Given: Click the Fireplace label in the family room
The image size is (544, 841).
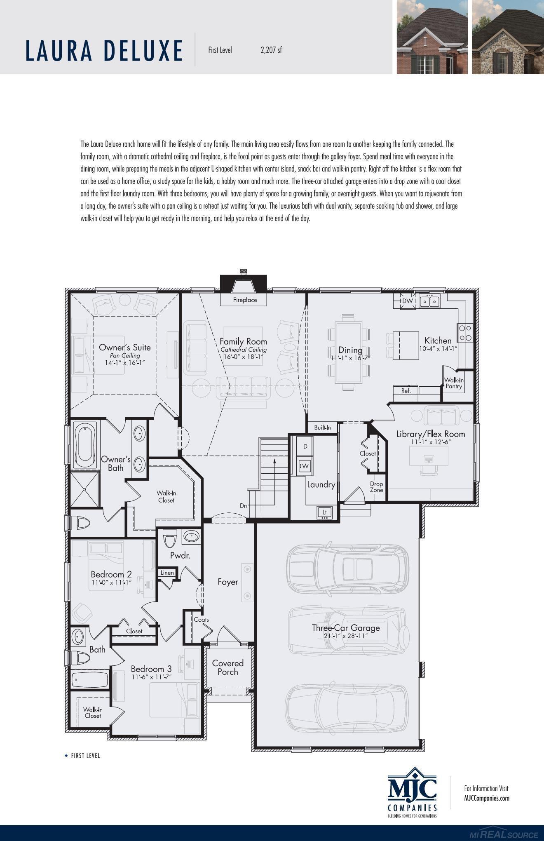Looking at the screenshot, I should click(245, 300).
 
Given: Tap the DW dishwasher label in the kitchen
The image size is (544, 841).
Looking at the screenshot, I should click(407, 301).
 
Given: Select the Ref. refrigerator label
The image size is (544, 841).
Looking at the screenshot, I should click(406, 390).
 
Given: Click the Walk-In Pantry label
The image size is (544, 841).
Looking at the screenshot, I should click(454, 383).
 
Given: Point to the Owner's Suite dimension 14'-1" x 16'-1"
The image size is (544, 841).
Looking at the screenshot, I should click(125, 362).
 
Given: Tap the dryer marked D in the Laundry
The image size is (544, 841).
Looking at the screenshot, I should click(305, 446).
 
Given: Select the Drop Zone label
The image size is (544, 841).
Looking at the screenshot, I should click(376, 487).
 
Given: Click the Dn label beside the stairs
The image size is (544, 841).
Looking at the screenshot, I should click(243, 505).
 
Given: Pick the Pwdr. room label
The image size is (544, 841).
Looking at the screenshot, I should click(180, 555).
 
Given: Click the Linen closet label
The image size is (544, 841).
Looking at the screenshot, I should click(167, 573).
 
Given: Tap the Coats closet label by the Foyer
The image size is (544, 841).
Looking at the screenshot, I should click(201, 619).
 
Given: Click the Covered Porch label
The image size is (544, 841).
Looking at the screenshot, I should click(228, 667).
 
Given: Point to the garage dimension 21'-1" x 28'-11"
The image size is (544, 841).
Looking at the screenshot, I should click(345, 636).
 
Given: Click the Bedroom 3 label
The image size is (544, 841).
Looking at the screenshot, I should click(151, 669).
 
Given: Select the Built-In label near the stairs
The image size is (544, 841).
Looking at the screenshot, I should click(322, 428).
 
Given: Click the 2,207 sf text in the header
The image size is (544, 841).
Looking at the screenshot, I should click(271, 50).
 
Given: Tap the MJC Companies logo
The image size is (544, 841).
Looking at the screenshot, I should click(413, 792).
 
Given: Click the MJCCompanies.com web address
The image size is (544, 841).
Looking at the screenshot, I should click(486, 798).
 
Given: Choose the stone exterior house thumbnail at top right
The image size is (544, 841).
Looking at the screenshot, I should click(507, 37).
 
